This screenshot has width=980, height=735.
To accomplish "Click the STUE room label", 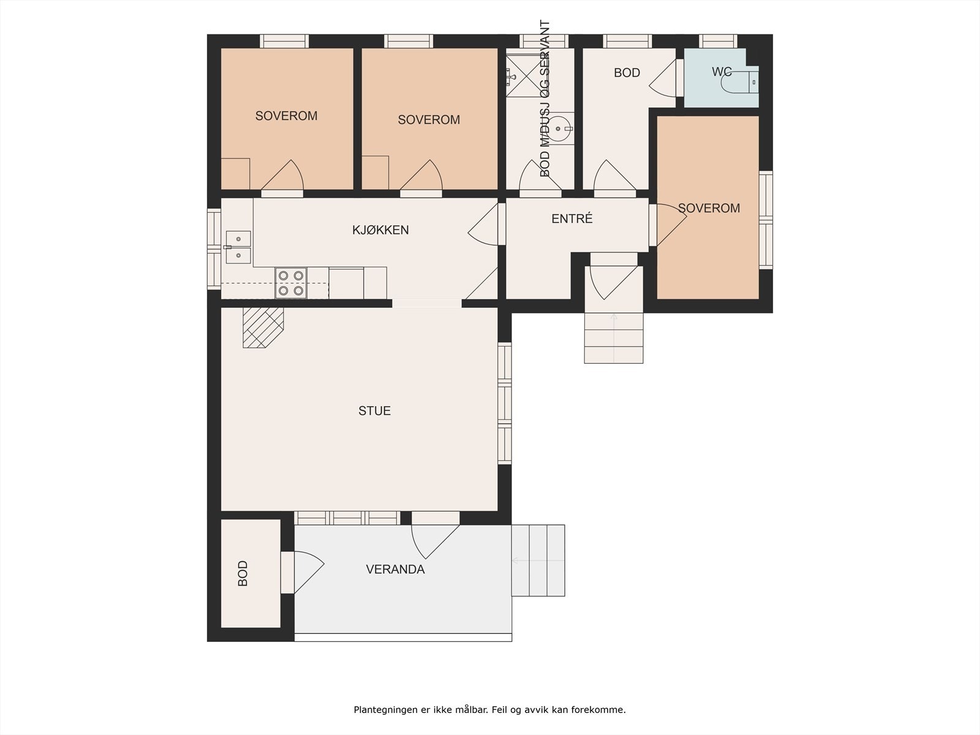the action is [375, 410].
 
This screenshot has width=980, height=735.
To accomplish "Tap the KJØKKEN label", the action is [380, 230].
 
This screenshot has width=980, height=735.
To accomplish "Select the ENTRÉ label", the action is [572, 218].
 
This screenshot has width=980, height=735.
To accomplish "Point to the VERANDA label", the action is [395, 570].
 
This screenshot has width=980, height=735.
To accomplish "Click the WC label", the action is [722, 72].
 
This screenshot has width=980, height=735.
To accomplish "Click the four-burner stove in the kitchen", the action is [291, 283].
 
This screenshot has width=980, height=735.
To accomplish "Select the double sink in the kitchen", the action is [238, 247].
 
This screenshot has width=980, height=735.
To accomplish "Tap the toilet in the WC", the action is [741, 81].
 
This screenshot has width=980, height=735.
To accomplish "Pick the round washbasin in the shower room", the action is [559, 129].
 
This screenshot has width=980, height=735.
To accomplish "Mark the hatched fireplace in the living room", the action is [263, 328].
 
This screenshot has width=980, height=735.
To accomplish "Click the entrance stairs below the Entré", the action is [614, 338].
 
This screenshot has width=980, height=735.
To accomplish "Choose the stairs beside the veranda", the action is [538, 560].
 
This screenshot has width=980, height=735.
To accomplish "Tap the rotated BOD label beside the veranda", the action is [243, 573].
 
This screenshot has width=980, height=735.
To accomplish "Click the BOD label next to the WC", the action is [627, 73].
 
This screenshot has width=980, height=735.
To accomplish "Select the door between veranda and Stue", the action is [435, 535].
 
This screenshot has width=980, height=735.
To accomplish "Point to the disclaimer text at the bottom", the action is [490, 709].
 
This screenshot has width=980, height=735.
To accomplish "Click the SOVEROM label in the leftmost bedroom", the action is [286, 116].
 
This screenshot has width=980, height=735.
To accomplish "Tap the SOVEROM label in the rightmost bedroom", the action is [709, 208].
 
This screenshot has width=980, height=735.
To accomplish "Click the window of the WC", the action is [718, 42].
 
